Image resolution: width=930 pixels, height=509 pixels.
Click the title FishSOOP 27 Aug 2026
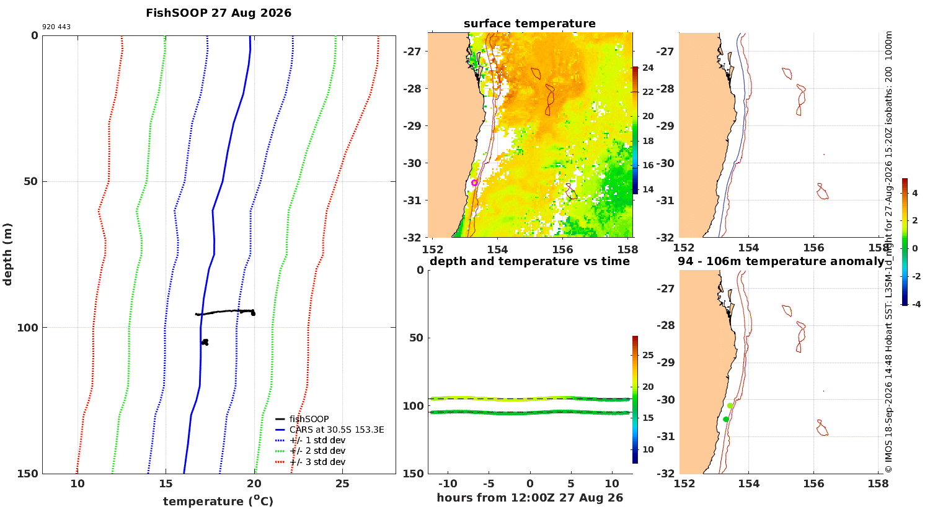click(218, 13)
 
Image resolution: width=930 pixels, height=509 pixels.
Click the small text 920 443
click(56, 27)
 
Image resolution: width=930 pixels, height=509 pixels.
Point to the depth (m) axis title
click(7, 254)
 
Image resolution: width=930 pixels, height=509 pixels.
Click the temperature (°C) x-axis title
click(218, 501)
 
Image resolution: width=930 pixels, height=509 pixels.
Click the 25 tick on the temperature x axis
click(342, 484)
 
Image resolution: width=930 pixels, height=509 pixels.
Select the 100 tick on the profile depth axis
click(27, 328)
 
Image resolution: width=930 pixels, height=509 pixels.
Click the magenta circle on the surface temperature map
click(474, 183)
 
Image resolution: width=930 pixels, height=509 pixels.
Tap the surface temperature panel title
click(529, 24)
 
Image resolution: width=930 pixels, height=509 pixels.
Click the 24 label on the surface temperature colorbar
click(648, 68)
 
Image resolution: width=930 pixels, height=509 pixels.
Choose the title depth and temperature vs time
click(529, 261)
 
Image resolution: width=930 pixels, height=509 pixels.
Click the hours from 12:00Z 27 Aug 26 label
click(529, 498)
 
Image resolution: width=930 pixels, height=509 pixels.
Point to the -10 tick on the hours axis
click(448, 484)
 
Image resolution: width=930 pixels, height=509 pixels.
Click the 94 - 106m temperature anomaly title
click(781, 261)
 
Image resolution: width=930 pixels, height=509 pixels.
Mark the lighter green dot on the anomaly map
click(730, 405)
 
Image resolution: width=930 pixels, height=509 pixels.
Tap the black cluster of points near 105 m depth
click(205, 343)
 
